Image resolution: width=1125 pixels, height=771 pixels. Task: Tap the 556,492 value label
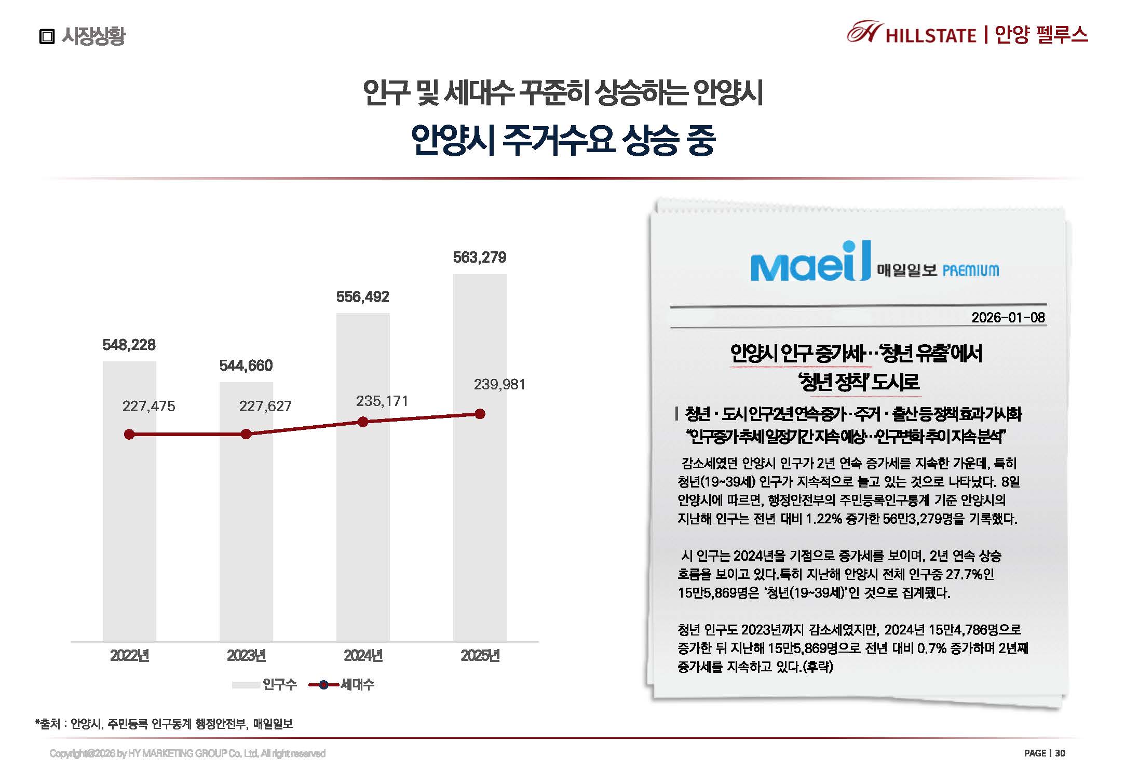point(362,297)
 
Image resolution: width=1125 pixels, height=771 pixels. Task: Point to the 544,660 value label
point(246,366)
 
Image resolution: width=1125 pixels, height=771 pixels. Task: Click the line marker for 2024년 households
point(363,422)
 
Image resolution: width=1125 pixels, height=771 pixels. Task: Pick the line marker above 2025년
point(480,414)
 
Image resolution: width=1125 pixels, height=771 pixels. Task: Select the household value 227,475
point(148,406)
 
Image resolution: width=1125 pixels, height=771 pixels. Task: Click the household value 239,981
point(499,384)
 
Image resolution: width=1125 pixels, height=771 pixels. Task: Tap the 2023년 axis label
point(246,656)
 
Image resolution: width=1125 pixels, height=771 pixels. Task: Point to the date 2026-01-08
point(1008,317)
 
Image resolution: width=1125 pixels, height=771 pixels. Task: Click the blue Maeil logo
point(810,262)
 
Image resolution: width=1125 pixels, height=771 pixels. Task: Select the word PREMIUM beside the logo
point(970,270)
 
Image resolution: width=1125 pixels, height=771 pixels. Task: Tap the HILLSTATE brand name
point(930,35)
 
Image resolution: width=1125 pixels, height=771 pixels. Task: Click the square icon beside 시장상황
point(47,36)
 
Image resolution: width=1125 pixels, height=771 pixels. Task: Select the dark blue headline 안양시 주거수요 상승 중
point(563,140)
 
